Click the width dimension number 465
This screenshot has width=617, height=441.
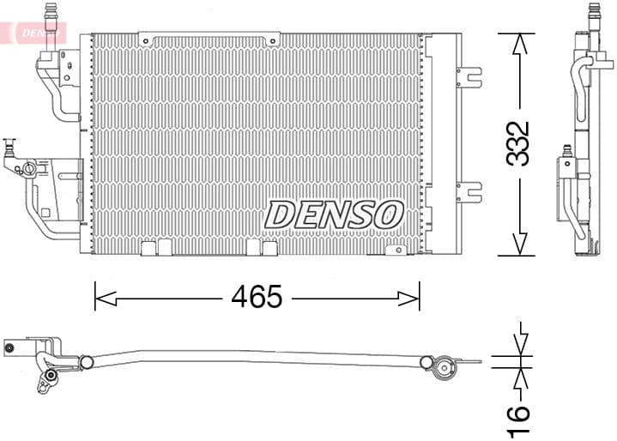coord(257,298)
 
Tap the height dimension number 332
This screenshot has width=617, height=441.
coord(517,143)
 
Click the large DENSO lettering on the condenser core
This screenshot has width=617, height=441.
coord(334,214)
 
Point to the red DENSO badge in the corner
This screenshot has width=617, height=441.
coord(34,33)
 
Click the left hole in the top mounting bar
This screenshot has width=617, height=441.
coord(153,39)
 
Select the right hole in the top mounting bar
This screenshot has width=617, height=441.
coord(273,39)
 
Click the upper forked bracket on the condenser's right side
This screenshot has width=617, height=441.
coord(469,76)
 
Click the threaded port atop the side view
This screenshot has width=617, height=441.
coord(592,12)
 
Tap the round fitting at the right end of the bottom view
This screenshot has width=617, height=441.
coord(444,370)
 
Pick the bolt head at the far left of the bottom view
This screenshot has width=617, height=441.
coord(9,348)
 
